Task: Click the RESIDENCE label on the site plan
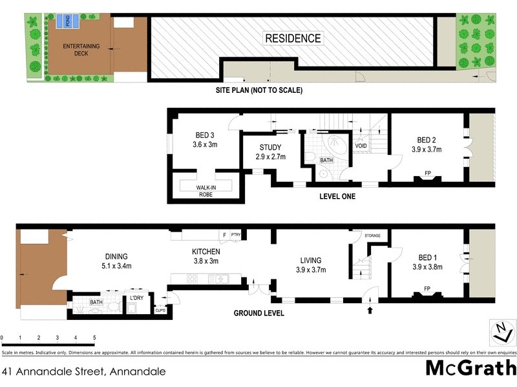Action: point(293,39)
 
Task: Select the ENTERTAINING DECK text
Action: point(81,50)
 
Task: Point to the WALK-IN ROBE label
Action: point(206,190)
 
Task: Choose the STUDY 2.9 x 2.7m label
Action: point(271,152)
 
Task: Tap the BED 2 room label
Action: point(427,144)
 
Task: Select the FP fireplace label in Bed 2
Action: point(427,173)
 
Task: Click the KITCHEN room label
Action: point(206,256)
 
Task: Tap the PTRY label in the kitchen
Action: point(236,235)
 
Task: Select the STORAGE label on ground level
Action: point(373,236)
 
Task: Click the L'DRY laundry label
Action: point(136,297)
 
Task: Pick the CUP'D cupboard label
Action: point(161,310)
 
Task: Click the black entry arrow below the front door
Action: point(370,310)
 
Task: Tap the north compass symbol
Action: point(501,333)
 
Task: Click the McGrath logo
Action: point(470,368)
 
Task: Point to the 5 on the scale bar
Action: point(94,338)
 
